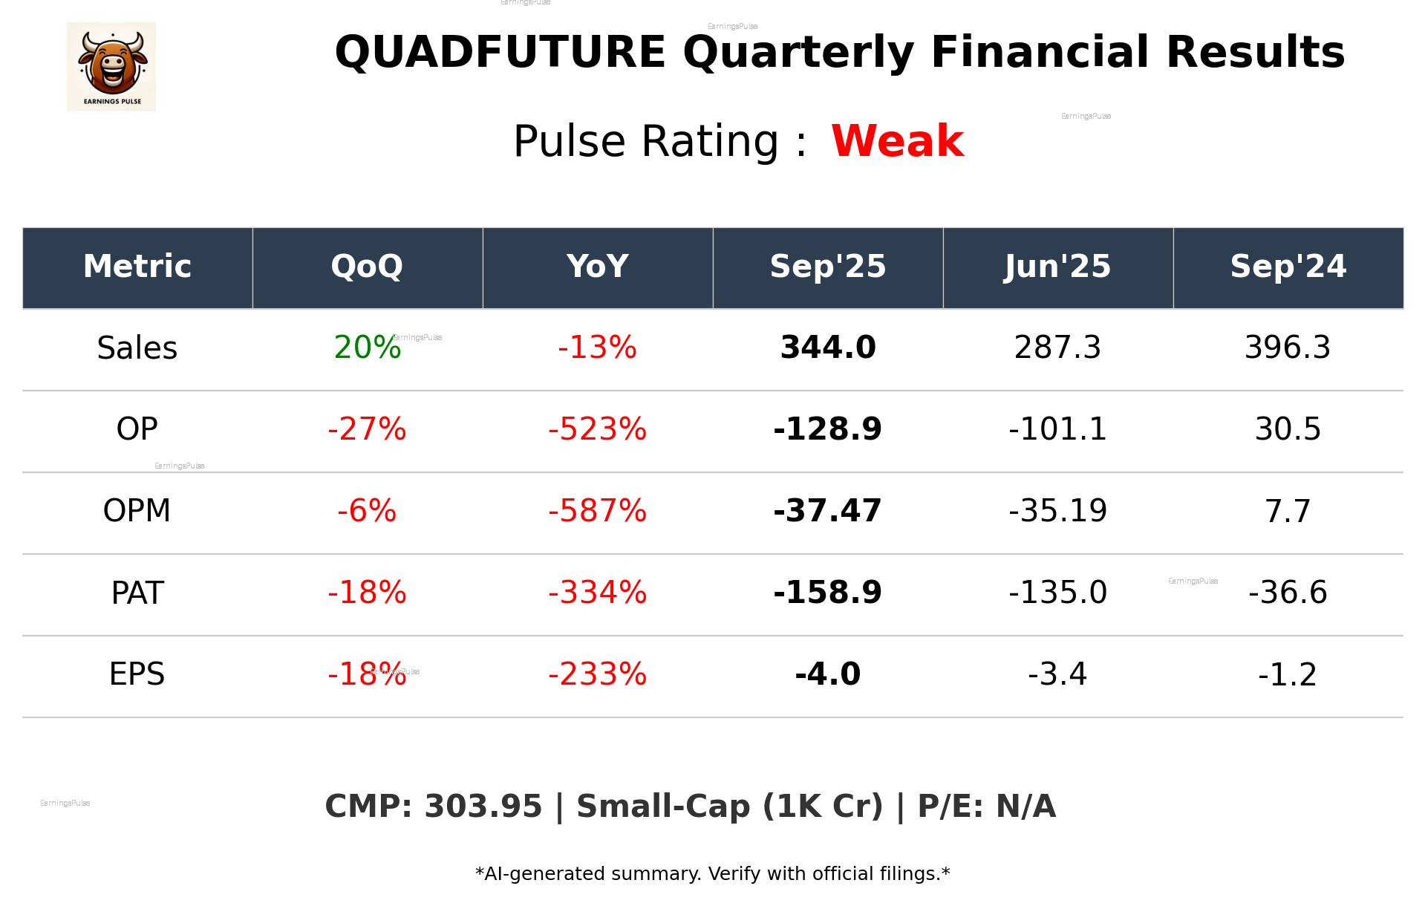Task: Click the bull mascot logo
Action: (x=111, y=66)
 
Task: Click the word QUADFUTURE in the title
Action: (x=500, y=53)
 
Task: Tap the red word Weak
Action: (x=897, y=141)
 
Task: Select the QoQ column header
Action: (x=367, y=267)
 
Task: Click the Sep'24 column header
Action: (x=1288, y=267)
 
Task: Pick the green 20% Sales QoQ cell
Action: (x=367, y=348)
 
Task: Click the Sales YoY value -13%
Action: (x=597, y=348)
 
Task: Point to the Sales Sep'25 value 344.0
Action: (x=828, y=348)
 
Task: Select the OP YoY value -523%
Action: (x=597, y=429)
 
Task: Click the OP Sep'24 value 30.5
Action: (x=1288, y=429)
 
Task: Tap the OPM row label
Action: (x=137, y=511)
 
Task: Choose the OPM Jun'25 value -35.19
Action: (x=1057, y=511)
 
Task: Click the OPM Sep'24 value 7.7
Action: (x=1288, y=511)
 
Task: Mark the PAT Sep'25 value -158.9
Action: (x=828, y=593)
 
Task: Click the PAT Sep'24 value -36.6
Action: (x=1288, y=593)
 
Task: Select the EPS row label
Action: (x=137, y=674)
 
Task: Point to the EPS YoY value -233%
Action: (x=597, y=674)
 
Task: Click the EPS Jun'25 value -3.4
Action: (x=1057, y=674)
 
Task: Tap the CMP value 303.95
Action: (x=483, y=806)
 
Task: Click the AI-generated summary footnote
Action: (x=712, y=874)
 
